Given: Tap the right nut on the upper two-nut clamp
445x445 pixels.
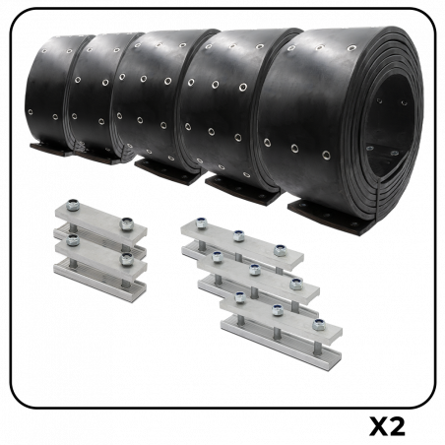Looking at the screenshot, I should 126,225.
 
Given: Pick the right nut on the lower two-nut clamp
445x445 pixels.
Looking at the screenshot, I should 125,259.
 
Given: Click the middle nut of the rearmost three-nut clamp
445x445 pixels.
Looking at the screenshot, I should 239,234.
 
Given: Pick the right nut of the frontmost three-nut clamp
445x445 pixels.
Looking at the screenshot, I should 318,324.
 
